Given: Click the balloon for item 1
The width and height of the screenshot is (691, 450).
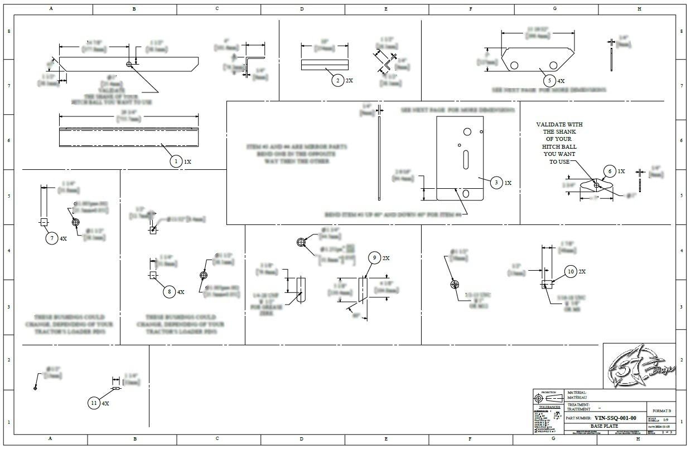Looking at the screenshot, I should (176, 162).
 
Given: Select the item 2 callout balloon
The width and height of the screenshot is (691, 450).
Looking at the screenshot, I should (337, 80).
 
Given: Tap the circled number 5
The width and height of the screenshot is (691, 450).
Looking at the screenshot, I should (549, 80).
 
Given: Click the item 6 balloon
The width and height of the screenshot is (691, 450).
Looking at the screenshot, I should (610, 171).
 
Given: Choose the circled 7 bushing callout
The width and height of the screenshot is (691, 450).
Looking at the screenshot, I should (52, 238).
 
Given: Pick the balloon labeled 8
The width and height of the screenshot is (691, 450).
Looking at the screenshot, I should (170, 291).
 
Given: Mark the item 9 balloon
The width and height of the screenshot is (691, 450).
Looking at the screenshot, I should (375, 258).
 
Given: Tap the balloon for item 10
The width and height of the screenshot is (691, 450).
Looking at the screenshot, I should (570, 271).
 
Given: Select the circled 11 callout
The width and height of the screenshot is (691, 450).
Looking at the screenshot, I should (94, 403).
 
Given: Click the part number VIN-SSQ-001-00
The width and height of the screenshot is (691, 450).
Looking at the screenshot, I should (615, 418).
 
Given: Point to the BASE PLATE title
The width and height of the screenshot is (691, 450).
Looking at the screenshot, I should (604, 426).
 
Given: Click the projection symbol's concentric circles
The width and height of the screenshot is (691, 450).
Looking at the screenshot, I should (539, 398).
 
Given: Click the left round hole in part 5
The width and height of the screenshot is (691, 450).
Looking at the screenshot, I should (514, 65).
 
